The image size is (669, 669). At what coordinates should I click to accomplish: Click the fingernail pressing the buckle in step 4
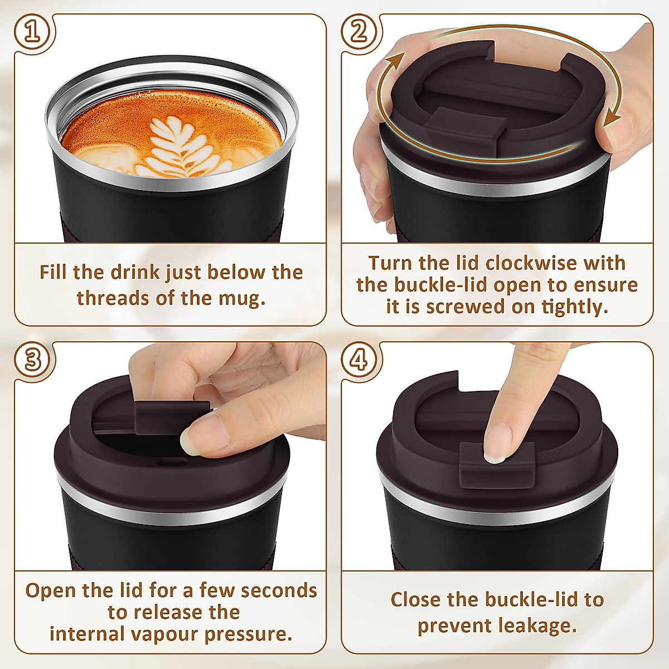(495, 456)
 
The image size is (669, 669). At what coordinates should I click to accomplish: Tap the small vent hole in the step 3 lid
(166, 463)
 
